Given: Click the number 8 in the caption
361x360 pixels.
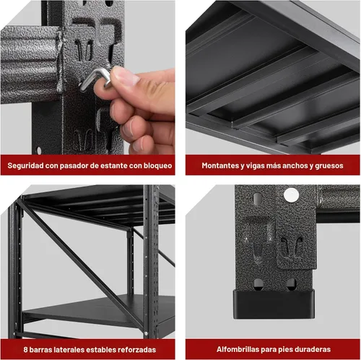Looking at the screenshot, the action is click(25, 349).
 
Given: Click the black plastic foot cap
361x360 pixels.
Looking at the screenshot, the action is click(274, 304).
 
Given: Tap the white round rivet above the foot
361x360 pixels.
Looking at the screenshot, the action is click(291, 194).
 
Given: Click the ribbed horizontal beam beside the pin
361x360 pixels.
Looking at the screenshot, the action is click(30, 65).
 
